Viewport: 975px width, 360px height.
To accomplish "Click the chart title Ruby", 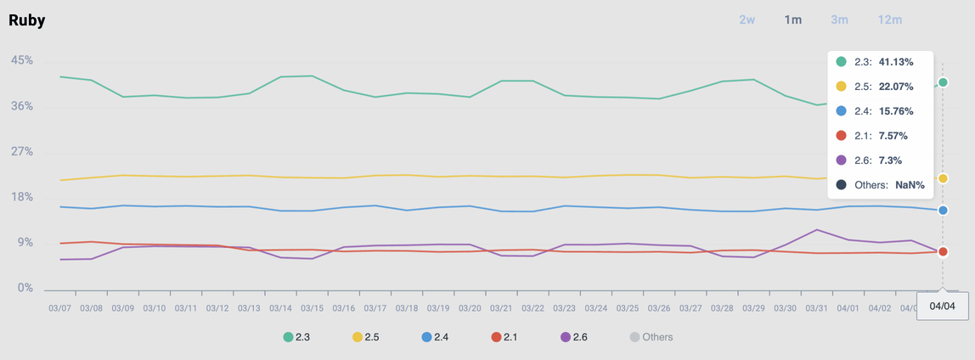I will pos(27,20).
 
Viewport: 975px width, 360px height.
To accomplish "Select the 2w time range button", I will pos(747,20).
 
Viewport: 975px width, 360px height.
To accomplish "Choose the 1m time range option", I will pos(792,20).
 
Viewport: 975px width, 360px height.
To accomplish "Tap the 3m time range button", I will pos(839,20).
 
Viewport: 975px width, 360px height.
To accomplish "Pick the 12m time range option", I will pos(890,20).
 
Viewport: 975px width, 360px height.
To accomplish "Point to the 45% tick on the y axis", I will pos(22,60).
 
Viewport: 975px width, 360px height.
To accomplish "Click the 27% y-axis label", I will pos(22,151).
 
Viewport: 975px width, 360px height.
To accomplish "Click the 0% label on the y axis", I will pos(25,288).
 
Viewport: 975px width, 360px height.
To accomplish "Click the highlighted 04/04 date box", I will pos(943,306).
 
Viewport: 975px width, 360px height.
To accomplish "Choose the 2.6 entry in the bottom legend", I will pos(574,337).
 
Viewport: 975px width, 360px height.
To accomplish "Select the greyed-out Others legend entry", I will pos(651,337).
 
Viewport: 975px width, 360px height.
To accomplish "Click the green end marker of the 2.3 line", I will pos(943,82).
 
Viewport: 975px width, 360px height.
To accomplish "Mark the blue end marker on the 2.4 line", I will pos(943,211).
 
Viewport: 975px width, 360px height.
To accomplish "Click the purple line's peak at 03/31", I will pos(816,230).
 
